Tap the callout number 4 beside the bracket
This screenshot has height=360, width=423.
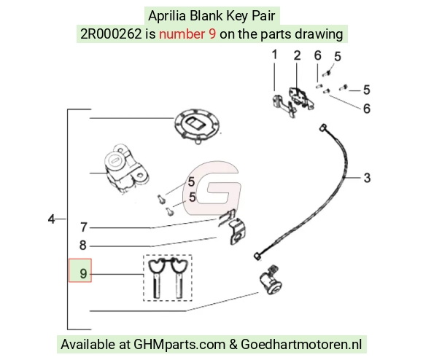[x=51, y=219]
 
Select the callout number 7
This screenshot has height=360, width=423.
[x=84, y=227]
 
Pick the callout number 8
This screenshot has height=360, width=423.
[x=83, y=245]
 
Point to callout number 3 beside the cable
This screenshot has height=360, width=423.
[x=367, y=178]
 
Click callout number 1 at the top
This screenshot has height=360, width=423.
[x=274, y=55]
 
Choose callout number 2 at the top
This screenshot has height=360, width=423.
[x=297, y=55]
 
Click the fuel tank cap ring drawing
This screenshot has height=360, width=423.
[x=197, y=127]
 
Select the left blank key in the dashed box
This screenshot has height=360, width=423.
[x=157, y=278]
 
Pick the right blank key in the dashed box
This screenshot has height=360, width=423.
[x=178, y=278]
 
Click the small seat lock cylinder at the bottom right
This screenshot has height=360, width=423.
[x=271, y=281]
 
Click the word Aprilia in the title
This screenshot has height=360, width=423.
[x=167, y=15]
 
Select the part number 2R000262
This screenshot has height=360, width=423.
[x=111, y=34]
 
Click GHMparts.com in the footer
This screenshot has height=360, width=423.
[x=179, y=345]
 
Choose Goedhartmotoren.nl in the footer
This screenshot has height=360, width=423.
[x=301, y=345]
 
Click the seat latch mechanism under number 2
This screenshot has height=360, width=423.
[x=301, y=97]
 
